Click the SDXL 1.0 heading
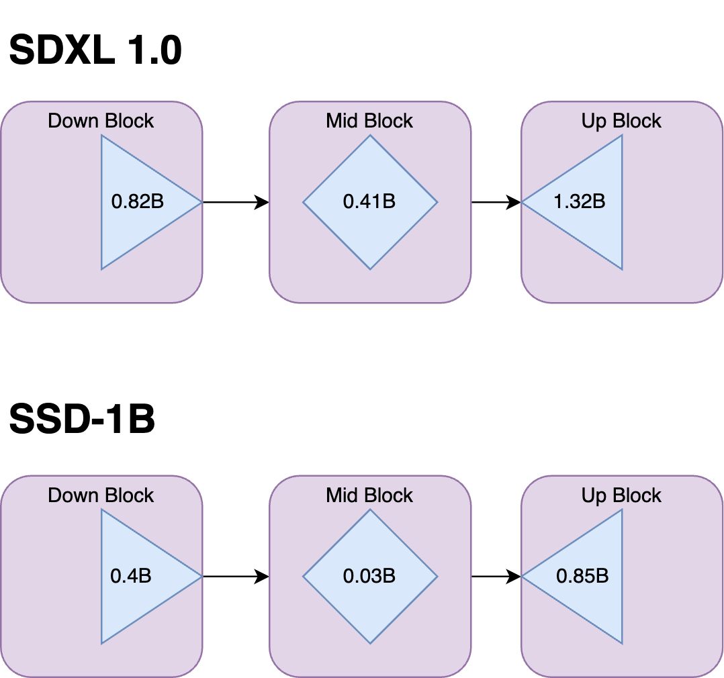click(95, 50)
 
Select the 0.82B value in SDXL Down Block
click(137, 201)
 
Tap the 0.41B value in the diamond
click(369, 201)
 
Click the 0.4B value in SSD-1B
click(131, 576)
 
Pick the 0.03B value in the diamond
click(369, 576)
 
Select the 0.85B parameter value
click(582, 576)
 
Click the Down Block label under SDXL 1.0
click(101, 121)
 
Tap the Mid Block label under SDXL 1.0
click(369, 121)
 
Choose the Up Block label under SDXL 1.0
click(621, 121)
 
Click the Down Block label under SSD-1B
click(101, 495)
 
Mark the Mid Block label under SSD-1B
click(369, 495)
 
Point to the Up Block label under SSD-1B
click(621, 495)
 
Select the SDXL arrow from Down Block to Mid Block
click(235, 201)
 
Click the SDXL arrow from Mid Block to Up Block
click(496, 201)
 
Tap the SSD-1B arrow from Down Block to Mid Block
click(235, 576)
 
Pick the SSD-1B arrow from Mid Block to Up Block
click(496, 576)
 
